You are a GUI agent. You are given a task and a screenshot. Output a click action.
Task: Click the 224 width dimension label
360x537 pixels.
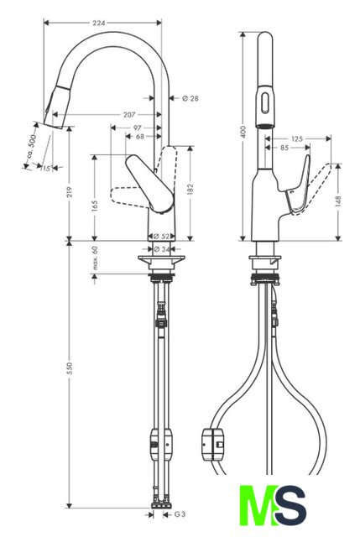tap(99, 23)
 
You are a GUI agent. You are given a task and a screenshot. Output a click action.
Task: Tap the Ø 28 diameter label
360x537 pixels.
tap(190, 99)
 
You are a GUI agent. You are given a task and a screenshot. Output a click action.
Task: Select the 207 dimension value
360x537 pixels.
tap(129, 115)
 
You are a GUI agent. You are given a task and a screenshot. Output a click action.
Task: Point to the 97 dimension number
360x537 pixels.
tap(137, 128)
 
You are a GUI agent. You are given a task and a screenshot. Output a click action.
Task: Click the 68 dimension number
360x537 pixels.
tap(140, 137)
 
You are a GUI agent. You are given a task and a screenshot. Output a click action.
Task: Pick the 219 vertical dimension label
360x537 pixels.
tap(70, 192)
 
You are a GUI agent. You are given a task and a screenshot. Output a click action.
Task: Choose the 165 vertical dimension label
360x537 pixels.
tap(95, 206)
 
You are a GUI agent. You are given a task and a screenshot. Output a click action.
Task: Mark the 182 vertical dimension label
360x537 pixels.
tap(190, 190)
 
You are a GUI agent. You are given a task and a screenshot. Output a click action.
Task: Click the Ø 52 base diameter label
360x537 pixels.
tap(161, 237)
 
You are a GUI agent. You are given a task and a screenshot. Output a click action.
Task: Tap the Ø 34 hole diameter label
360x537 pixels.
tap(162, 249)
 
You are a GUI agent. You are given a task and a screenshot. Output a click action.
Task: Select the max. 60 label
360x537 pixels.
tap(95, 258)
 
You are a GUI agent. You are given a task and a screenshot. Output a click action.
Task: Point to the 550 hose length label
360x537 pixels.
tap(70, 368)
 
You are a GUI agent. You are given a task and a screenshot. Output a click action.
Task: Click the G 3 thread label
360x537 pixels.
tap(180, 514)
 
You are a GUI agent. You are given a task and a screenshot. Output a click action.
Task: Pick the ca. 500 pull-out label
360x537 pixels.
tap(32, 147)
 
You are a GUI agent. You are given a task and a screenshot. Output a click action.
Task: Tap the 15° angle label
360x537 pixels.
tap(46, 168)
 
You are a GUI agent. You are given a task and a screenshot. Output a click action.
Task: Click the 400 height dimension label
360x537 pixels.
tap(243, 132)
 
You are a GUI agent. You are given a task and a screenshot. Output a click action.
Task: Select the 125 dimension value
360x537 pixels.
tap(297, 138)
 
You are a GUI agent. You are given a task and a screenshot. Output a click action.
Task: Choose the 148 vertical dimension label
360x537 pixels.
tap(338, 201)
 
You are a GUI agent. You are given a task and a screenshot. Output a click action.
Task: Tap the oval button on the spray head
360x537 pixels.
tap(265, 102)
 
